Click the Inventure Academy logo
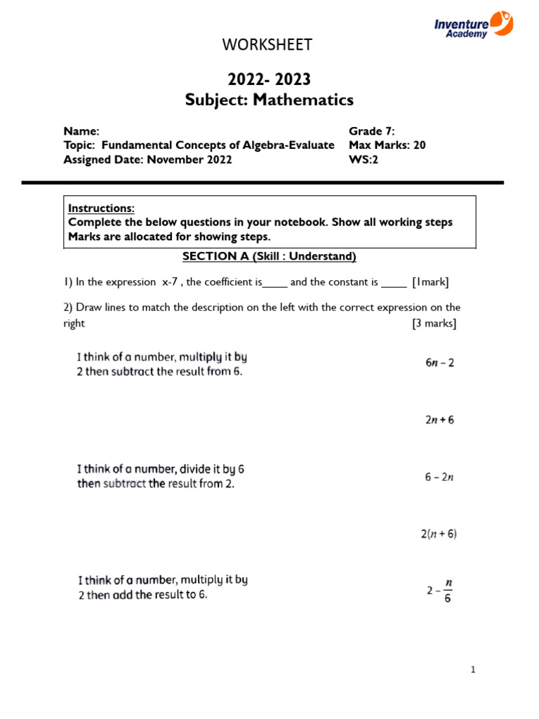473,24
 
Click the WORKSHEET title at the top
267,45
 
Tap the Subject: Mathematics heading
269,100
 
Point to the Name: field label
82,131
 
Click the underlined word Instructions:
101,209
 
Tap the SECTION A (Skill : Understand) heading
269,257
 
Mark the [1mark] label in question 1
431,282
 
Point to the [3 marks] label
434,324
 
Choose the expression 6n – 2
440,364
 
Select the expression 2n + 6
440,420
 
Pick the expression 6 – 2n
440,477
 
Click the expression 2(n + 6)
439,534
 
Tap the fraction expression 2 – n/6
440,591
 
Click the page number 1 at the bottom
474,670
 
